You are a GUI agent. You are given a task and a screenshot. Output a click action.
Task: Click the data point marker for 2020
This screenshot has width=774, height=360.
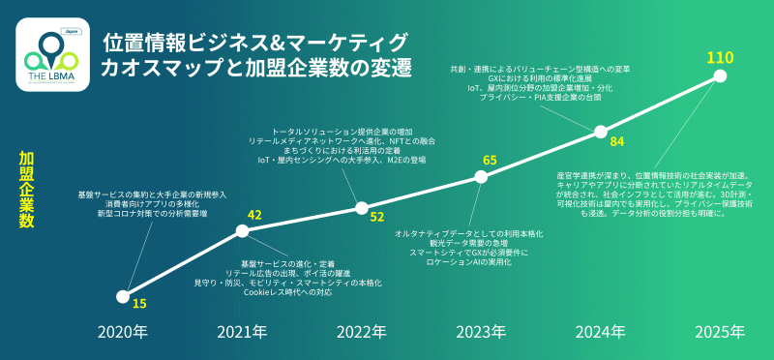point(123,297)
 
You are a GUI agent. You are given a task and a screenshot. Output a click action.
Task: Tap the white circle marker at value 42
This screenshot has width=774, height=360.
point(243,230)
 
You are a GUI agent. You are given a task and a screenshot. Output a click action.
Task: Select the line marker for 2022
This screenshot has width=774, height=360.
point(362,207)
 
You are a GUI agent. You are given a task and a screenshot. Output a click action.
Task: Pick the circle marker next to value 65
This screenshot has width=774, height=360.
point(482,176)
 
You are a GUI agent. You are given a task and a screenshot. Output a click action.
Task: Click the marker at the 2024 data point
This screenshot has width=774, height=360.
point(601,132)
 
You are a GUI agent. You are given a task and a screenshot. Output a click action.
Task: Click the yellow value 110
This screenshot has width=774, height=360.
point(720,58)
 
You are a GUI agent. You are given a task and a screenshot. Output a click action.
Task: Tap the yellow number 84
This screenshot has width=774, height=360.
point(617,142)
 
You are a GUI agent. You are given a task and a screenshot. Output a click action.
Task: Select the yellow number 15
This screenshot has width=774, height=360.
point(140,304)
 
